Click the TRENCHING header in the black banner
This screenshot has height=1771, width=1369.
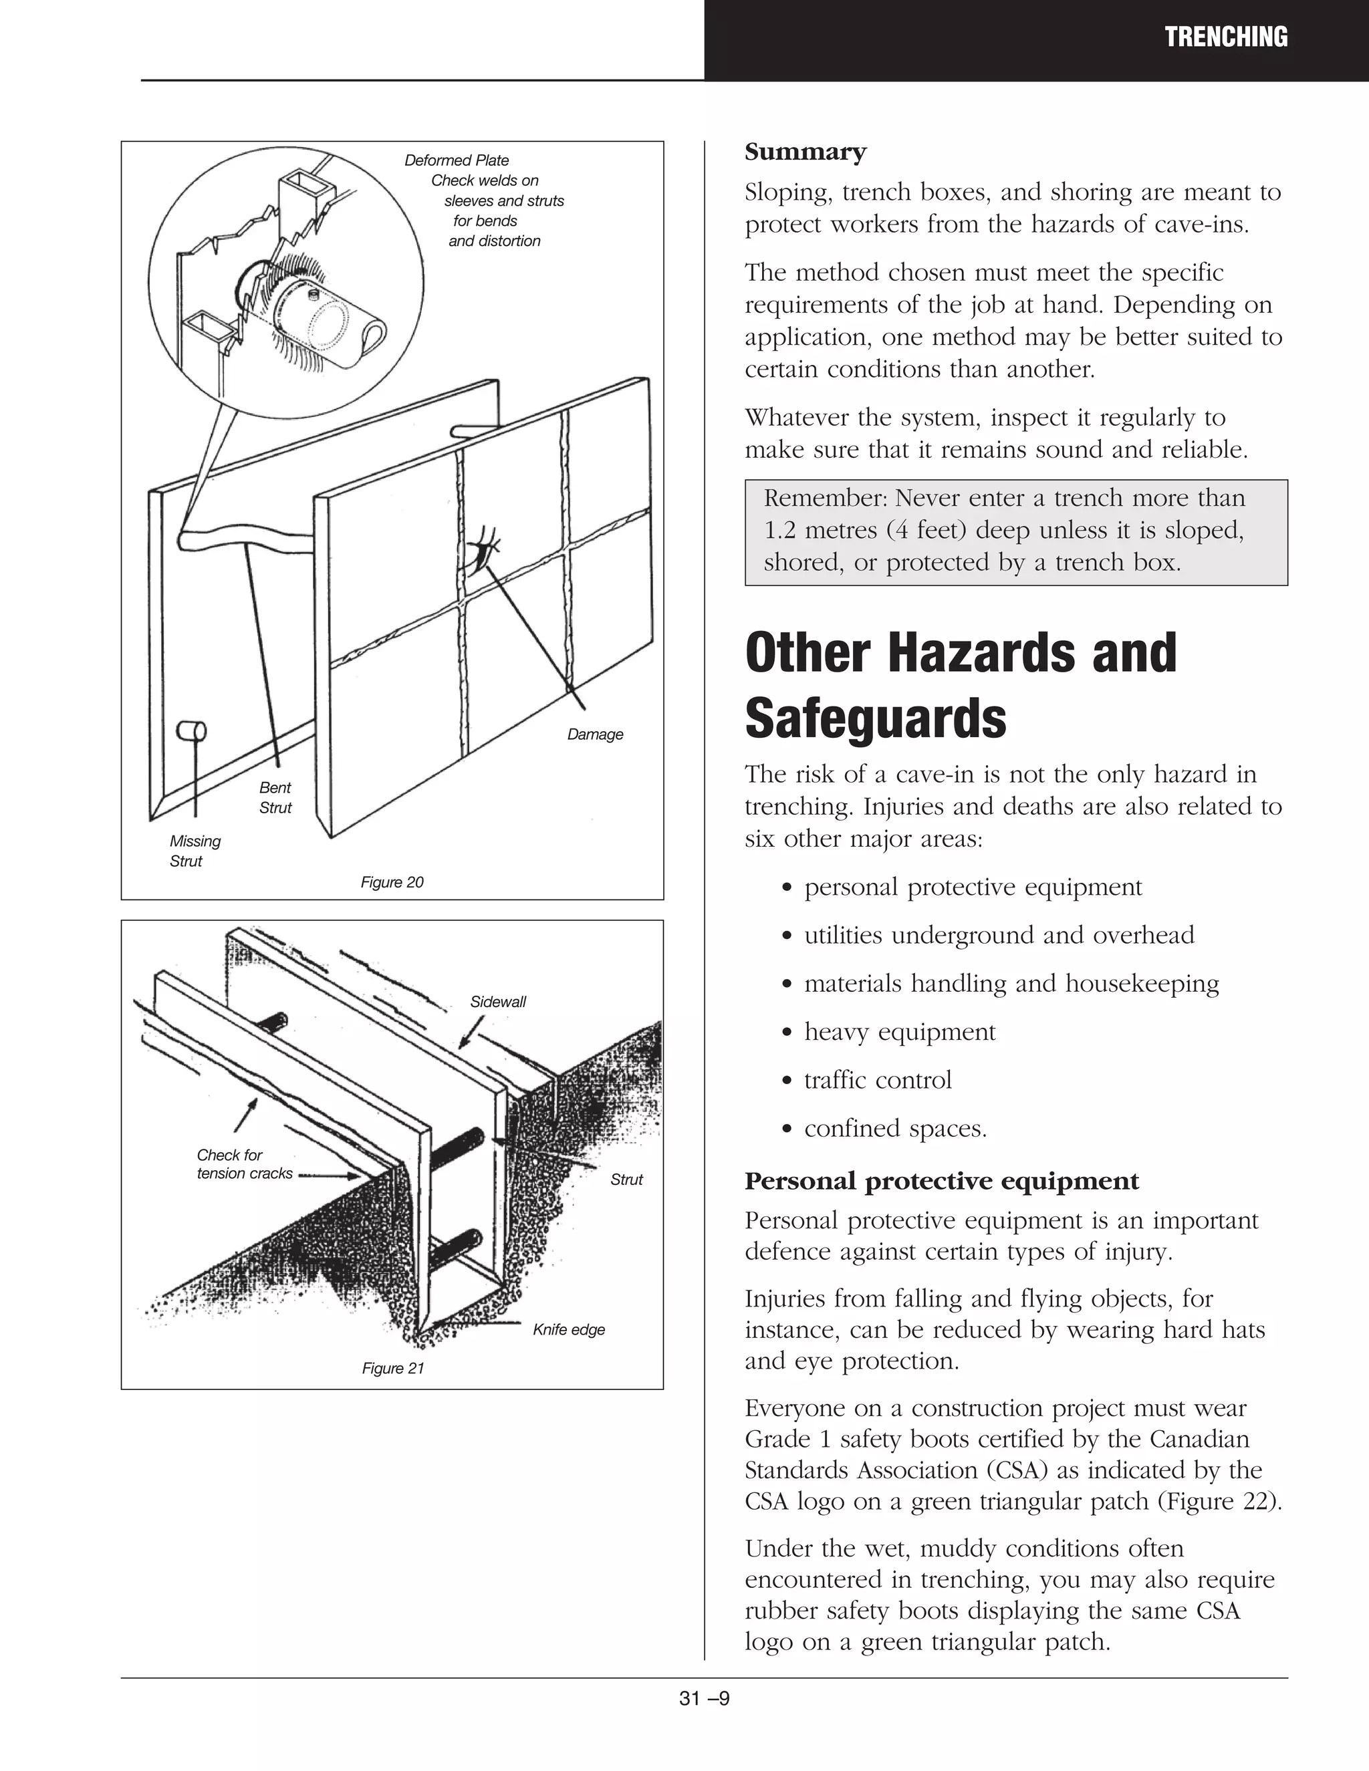pyautogui.click(x=1225, y=37)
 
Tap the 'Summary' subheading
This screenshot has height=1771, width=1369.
pyautogui.click(x=805, y=152)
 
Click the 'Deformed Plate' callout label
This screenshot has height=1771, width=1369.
pyautogui.click(x=457, y=160)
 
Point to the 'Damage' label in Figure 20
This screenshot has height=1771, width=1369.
pyautogui.click(x=596, y=734)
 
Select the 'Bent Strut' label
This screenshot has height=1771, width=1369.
pyautogui.click(x=275, y=797)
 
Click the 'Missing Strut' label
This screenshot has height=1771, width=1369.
pyautogui.click(x=195, y=851)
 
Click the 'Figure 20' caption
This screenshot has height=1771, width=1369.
pyautogui.click(x=392, y=882)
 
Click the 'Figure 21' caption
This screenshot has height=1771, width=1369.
pyautogui.click(x=392, y=1369)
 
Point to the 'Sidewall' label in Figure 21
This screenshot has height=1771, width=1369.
pyautogui.click(x=498, y=1002)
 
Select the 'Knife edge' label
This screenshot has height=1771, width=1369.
pyautogui.click(x=569, y=1330)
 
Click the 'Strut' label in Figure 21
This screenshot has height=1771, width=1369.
pyautogui.click(x=626, y=1180)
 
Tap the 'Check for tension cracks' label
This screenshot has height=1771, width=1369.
pyautogui.click(x=243, y=1164)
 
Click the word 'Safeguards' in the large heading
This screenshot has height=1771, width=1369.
pyautogui.click(x=875, y=718)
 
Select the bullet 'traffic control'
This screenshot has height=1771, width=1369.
pyautogui.click(x=878, y=1080)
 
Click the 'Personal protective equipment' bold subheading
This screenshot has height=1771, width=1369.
pyautogui.click(x=942, y=1182)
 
